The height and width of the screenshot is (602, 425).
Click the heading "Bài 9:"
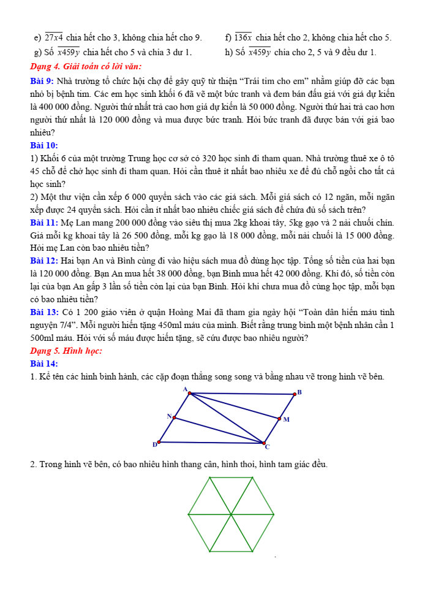coord(42,81)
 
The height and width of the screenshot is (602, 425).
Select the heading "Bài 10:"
coord(43,145)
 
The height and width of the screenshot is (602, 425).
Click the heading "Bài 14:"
coord(43,364)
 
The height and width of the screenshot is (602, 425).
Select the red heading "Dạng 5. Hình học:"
coord(66,351)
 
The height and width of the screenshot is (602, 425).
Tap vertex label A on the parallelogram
coord(184,389)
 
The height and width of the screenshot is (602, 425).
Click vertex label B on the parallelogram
coord(300,392)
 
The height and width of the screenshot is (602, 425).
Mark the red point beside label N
coord(175,418)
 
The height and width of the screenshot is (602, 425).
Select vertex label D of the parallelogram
coord(154,444)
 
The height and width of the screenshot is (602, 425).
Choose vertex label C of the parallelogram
coord(267,447)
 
